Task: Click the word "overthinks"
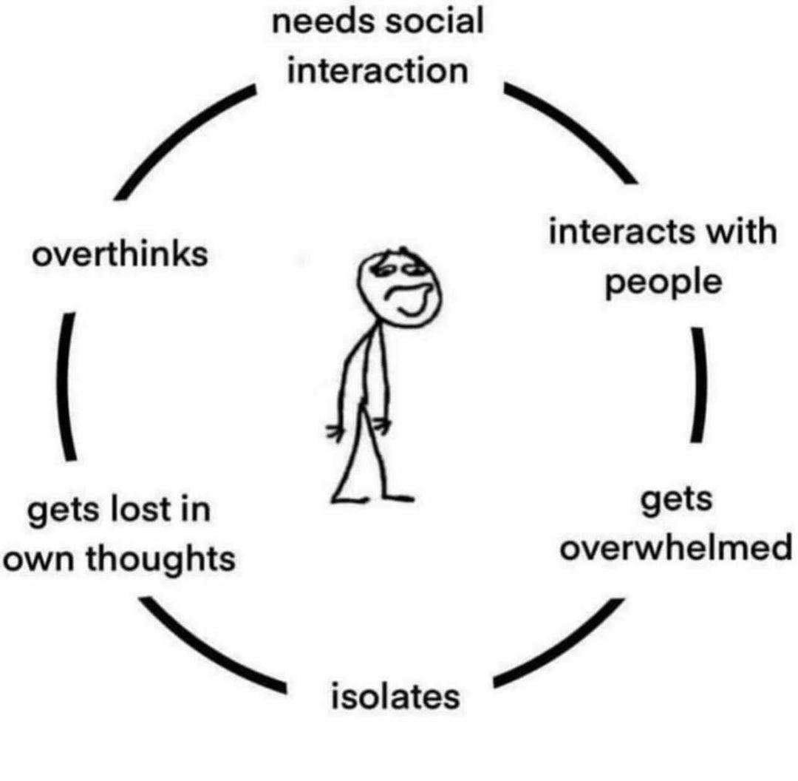click(118, 255)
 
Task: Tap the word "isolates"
click(395, 696)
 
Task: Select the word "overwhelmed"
click(675, 549)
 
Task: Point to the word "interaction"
click(378, 72)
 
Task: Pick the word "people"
click(663, 283)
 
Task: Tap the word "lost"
click(142, 510)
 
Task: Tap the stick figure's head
click(399, 285)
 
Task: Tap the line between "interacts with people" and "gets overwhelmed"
click(698, 385)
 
